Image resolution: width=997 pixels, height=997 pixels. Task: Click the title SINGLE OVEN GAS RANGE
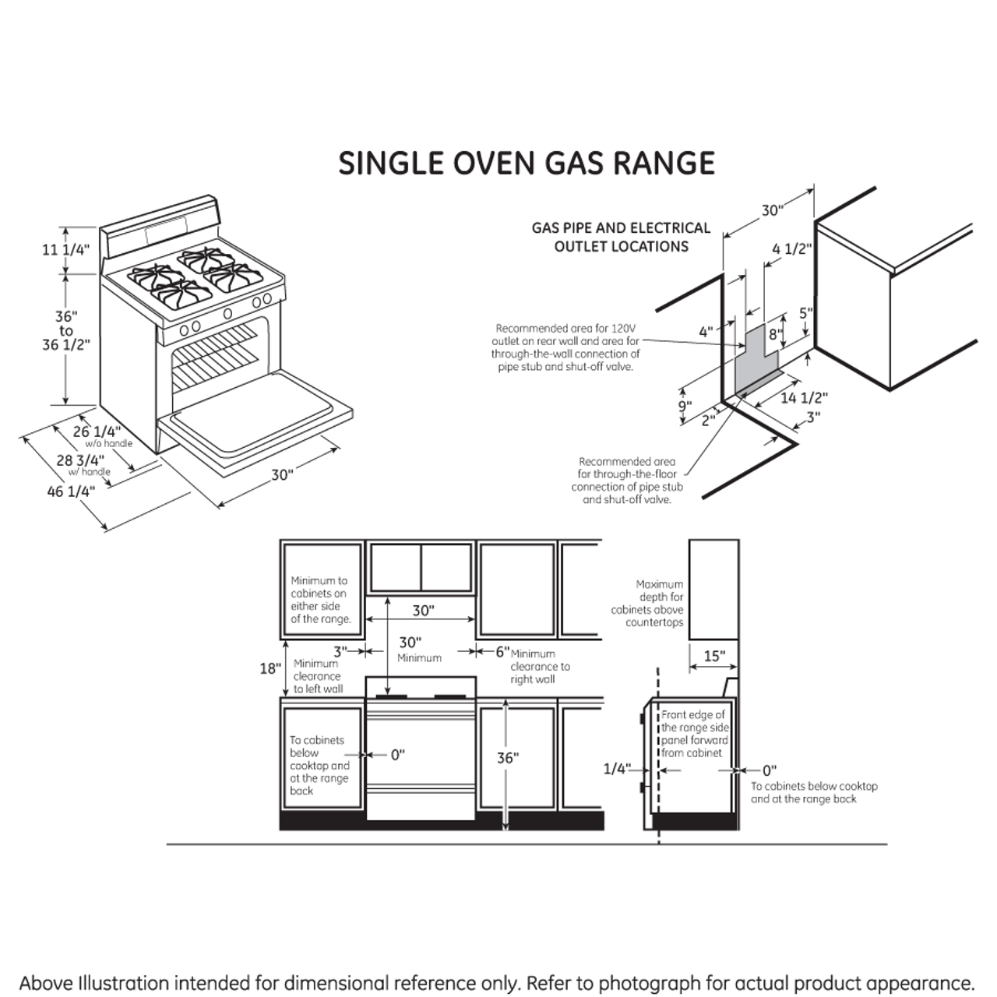click(x=527, y=164)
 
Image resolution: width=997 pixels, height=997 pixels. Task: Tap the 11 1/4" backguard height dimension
click(x=66, y=250)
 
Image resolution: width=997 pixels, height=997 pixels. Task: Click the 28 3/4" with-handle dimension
click(x=80, y=460)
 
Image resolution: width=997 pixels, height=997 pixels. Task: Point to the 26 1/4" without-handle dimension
click(x=97, y=432)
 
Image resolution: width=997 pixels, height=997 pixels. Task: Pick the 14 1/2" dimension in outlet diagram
click(x=804, y=397)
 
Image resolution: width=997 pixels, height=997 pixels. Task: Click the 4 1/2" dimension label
click(x=791, y=249)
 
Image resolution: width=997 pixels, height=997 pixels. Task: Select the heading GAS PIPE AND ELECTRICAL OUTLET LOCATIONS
click(x=621, y=237)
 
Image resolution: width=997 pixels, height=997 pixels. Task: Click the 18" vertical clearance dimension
click(x=270, y=668)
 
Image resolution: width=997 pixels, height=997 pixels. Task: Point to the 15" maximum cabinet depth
click(x=713, y=656)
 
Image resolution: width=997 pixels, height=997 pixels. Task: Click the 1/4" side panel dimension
click(x=616, y=770)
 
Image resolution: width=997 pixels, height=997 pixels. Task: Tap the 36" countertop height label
click(x=507, y=757)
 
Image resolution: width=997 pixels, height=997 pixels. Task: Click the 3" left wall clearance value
click(x=340, y=651)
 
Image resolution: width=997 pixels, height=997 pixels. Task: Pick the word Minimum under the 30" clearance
click(x=419, y=658)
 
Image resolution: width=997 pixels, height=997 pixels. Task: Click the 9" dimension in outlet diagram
click(x=684, y=407)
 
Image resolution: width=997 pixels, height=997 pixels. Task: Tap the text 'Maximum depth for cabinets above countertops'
click(x=647, y=603)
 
